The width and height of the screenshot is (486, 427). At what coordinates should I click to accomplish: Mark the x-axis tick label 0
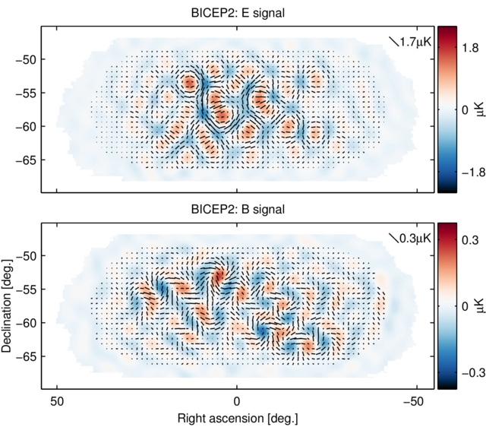click(237, 401)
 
